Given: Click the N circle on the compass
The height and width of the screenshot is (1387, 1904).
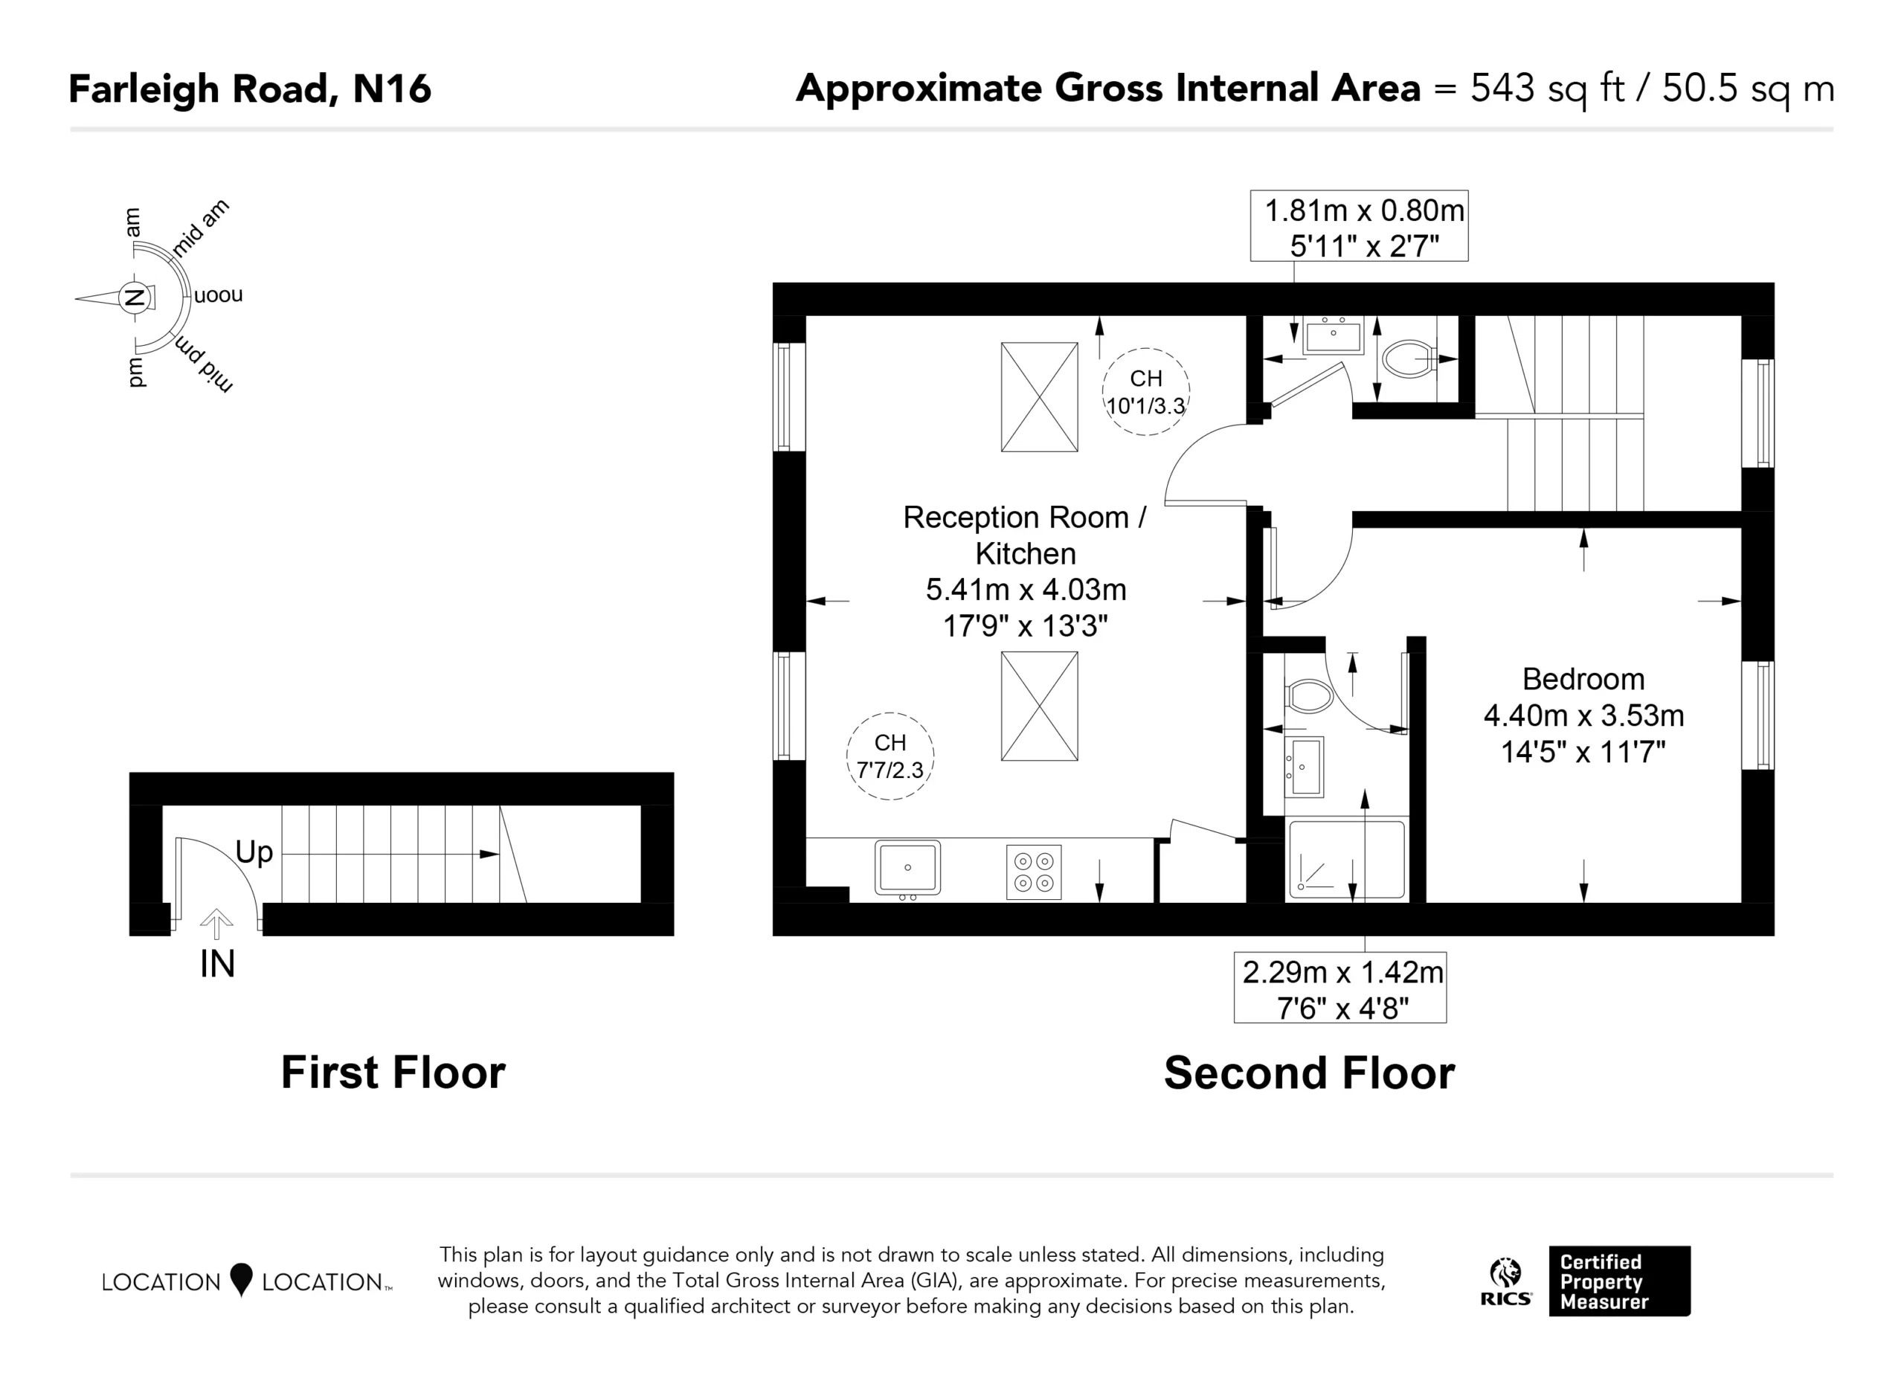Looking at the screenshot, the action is click(132, 297).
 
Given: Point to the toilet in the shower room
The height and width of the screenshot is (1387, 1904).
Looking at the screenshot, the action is click(1309, 696).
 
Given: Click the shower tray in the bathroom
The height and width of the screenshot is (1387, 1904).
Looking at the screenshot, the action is click(1347, 860).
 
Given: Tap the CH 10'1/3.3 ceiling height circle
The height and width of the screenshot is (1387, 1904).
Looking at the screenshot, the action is click(1145, 391).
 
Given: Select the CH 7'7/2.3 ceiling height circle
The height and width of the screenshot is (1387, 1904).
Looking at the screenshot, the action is click(890, 756).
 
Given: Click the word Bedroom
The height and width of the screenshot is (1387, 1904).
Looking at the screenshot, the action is click(1583, 678).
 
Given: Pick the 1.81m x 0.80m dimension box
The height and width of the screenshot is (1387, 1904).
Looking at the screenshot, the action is click(1359, 226).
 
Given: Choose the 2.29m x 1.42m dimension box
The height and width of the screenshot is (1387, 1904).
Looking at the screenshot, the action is click(1339, 988).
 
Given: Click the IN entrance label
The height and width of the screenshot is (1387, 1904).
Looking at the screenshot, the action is click(217, 964).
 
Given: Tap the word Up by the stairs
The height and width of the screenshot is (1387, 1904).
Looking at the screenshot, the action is click(254, 852).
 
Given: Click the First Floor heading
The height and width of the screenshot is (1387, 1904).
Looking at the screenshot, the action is click(393, 1073).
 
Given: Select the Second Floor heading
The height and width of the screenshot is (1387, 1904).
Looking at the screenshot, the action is click(1310, 1074).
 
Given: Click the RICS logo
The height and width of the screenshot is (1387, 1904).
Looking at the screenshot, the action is click(1506, 1282).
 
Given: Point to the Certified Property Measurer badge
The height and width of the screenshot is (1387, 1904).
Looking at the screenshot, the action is click(1619, 1281).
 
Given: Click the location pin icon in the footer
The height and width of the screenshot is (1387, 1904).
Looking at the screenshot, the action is click(241, 1279).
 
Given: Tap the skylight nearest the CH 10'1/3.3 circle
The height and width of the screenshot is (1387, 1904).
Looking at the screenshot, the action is click(1039, 397).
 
